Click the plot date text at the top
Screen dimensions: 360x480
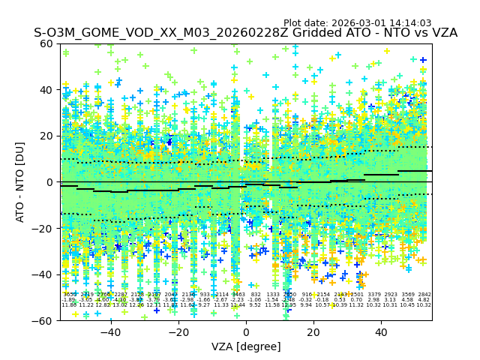tap(367, 23)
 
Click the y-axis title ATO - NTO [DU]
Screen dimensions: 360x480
tap(20, 182)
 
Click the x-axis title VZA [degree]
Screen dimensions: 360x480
tap(246, 346)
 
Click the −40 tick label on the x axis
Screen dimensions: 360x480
tap(110, 331)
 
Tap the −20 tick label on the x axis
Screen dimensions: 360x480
tap(178, 331)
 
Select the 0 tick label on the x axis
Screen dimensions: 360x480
tap(246, 331)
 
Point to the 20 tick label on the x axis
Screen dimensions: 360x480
tap(313, 331)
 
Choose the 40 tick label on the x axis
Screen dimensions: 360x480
tap(381, 331)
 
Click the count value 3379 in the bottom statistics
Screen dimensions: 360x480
tap(373, 295)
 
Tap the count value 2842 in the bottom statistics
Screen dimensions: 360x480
tap(424, 295)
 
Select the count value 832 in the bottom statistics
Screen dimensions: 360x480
tap(256, 295)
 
